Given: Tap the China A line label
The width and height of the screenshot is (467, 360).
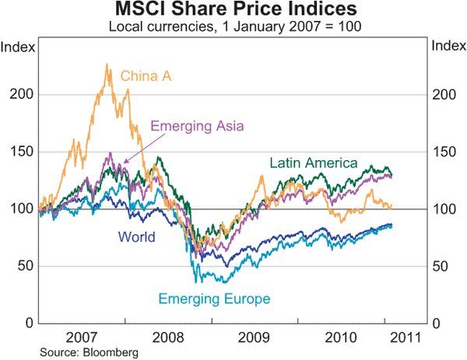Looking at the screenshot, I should pyautogui.click(x=146, y=76).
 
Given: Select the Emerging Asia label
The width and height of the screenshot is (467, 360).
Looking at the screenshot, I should pyautogui.click(x=197, y=126).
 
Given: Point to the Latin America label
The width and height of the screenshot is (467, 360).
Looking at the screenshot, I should pyautogui.click(x=313, y=163).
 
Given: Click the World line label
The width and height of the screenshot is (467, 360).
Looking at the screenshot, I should pyautogui.click(x=136, y=237).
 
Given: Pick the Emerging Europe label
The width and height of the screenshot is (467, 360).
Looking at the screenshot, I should pyautogui.click(x=214, y=299).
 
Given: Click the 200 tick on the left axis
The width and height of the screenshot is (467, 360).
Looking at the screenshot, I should pyautogui.click(x=23, y=94).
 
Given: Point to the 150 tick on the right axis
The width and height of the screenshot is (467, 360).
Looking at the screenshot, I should pyautogui.click(x=443, y=152).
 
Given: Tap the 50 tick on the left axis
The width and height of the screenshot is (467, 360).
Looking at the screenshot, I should pyautogui.click(x=26, y=266).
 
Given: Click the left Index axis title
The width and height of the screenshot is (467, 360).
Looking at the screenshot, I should pyautogui.click(x=18, y=47).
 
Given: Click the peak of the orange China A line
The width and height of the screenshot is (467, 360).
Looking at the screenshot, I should pyautogui.click(x=107, y=65).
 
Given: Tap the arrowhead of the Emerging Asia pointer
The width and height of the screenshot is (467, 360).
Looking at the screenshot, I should pyautogui.click(x=124, y=165).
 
